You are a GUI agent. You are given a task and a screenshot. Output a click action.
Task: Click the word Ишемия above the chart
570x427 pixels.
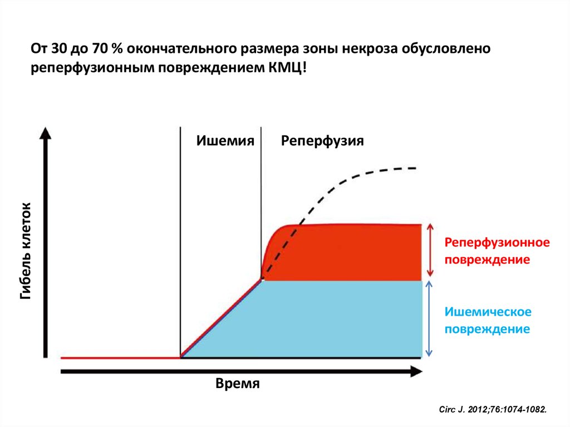coord(225,141)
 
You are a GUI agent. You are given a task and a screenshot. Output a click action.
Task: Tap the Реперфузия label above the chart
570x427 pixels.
coord(322,141)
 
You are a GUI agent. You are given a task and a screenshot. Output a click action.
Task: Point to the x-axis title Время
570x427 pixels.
coord(238,384)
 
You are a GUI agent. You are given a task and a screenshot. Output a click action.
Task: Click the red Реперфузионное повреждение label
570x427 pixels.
coord(497,251)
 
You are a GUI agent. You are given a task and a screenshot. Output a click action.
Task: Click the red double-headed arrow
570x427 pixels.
coord(430,250)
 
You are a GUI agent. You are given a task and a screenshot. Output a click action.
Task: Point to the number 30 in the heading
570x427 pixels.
coord(58,49)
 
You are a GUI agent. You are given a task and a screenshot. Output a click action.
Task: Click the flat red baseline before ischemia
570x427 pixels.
coord(120,357)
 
